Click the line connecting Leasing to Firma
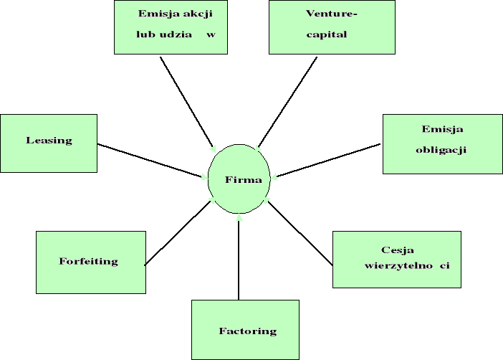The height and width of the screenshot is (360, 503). [150, 160]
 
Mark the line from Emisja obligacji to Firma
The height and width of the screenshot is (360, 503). [328, 160]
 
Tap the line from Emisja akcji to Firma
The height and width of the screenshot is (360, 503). [186, 100]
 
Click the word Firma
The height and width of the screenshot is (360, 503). [239, 179]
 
